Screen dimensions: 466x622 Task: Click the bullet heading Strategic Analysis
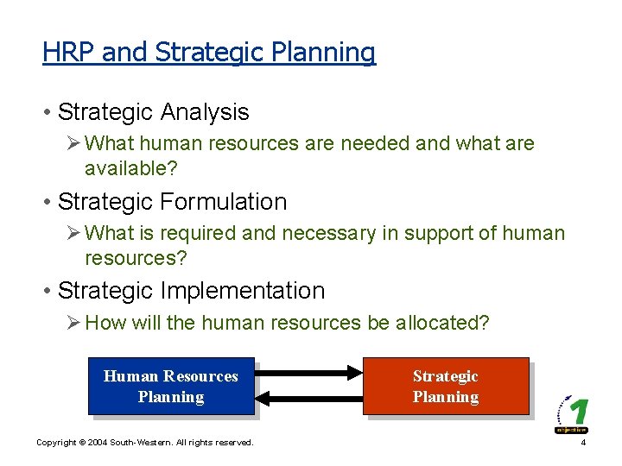point(153,112)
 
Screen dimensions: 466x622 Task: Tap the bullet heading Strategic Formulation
point(172,202)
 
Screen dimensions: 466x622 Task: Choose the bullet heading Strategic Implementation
point(191,291)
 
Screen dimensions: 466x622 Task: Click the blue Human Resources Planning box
point(171,387)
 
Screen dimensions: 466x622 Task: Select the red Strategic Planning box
point(445,387)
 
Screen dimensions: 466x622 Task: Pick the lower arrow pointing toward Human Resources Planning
point(308,398)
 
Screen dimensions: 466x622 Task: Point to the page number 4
point(584,443)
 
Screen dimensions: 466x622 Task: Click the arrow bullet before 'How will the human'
point(74,323)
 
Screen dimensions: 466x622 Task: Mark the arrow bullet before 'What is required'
point(74,233)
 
